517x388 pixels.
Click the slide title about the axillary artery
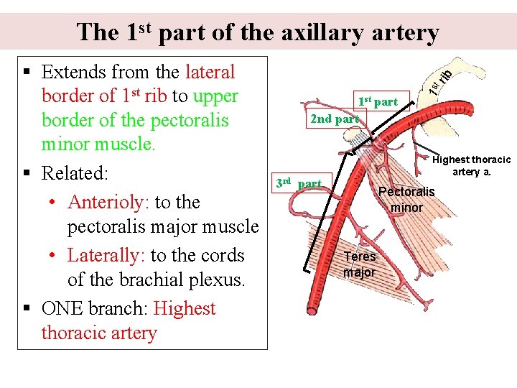coord(258,32)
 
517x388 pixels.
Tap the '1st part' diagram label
coord(377,101)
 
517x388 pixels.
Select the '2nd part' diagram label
coord(334,119)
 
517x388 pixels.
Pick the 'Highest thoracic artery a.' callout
coord(472,165)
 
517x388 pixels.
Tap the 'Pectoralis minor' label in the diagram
coord(406,199)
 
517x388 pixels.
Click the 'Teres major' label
coord(359,264)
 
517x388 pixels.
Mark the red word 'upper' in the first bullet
coord(215,96)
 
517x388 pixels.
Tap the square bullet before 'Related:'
coord(26,173)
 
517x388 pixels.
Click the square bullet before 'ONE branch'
coord(26,309)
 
